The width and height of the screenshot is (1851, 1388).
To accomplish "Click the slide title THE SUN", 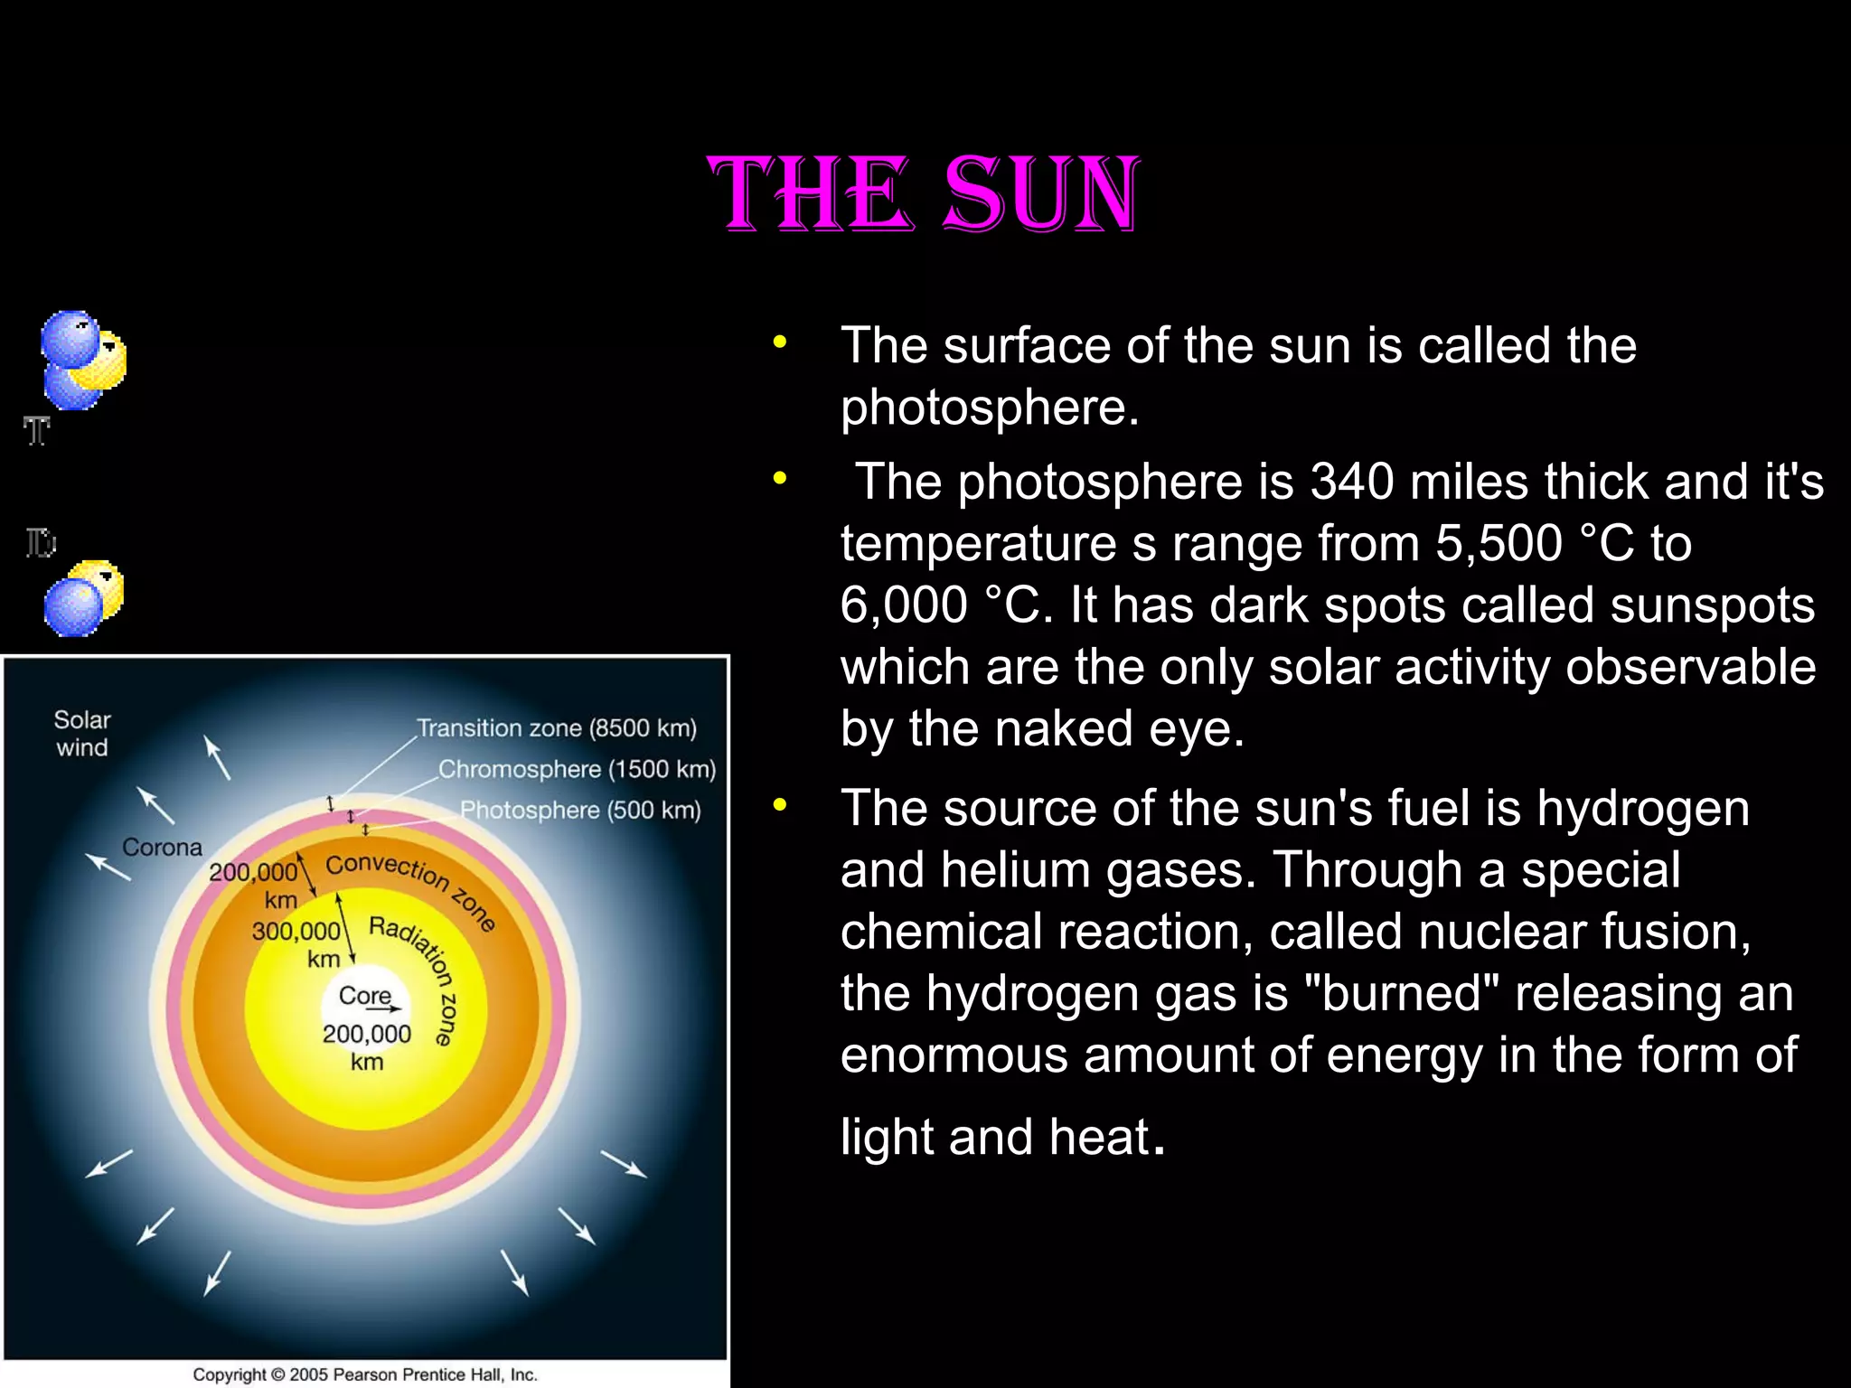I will tap(924, 193).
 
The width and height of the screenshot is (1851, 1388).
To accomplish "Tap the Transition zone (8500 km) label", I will tap(557, 728).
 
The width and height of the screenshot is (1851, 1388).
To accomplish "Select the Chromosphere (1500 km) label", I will tap(577, 769).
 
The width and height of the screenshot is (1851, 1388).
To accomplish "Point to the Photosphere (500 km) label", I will tap(580, 810).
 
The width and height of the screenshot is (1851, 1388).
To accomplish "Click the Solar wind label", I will tap(82, 734).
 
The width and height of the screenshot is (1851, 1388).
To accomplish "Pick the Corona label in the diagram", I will tap(162, 848).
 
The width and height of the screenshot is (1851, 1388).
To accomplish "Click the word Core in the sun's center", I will tap(364, 996).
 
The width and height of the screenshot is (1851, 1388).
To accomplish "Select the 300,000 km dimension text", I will tap(296, 943).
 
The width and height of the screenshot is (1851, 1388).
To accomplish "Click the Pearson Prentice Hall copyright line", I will tap(365, 1374).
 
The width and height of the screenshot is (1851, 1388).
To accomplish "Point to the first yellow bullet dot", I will tap(780, 342).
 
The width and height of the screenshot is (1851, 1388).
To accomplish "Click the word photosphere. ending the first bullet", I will tap(990, 408).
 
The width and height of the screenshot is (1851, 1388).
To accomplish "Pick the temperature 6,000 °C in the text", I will tap(947, 605).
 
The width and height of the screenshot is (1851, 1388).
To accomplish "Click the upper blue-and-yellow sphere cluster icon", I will tap(83, 360).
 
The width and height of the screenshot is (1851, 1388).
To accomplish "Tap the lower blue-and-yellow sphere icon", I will tap(84, 597).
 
